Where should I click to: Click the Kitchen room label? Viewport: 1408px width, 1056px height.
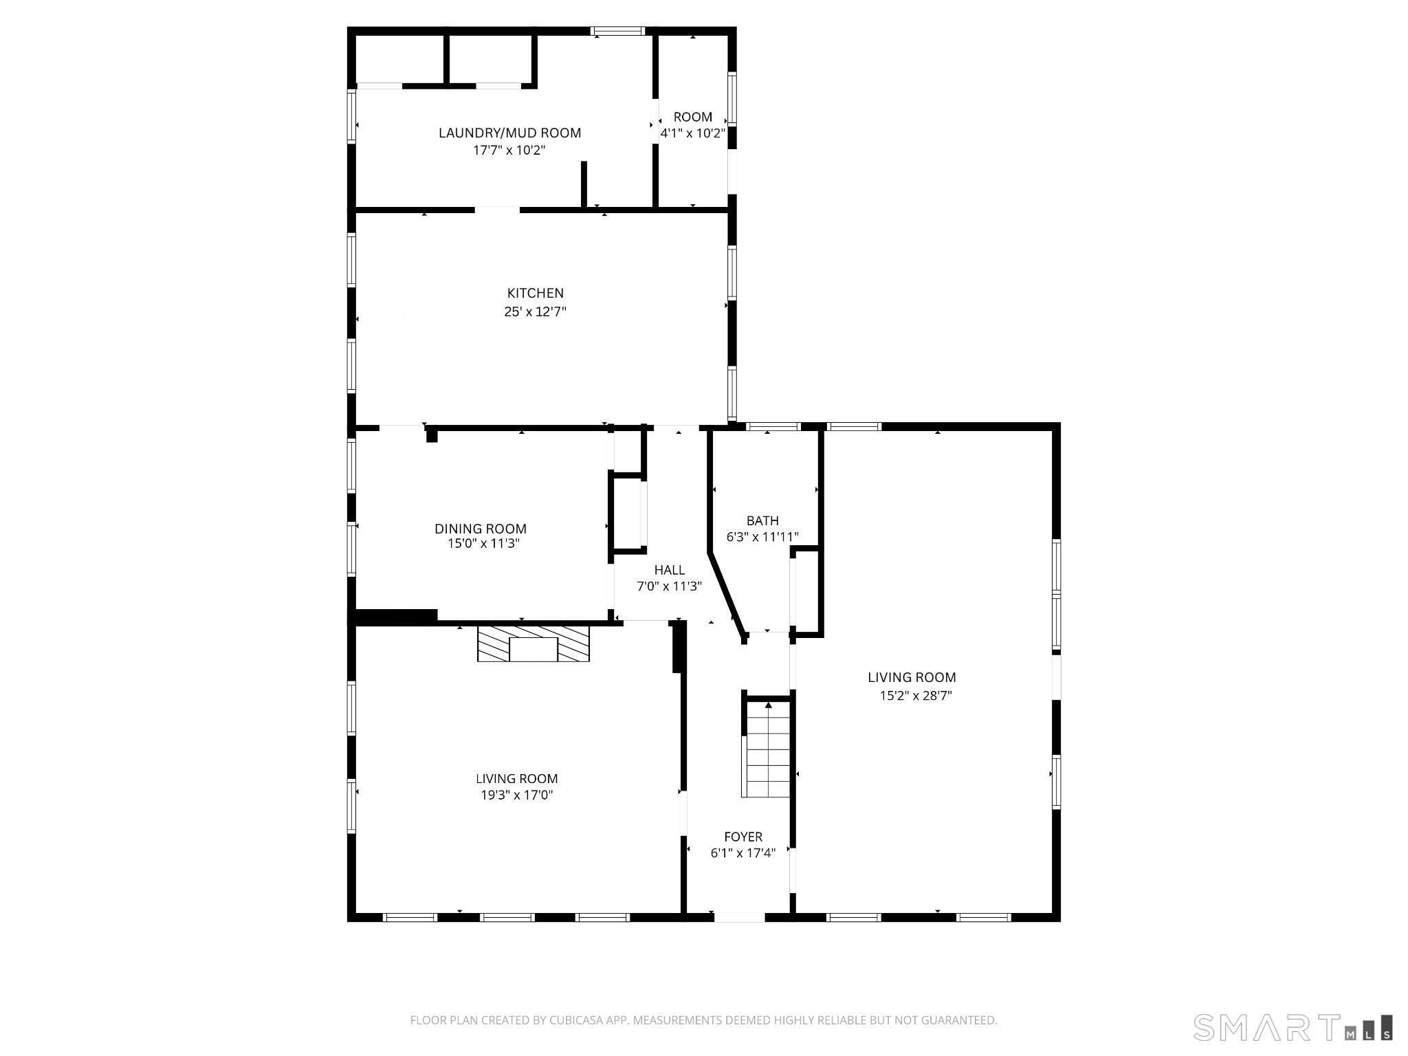pos(535,294)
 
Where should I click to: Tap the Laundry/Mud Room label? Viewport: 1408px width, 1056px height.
pos(509,133)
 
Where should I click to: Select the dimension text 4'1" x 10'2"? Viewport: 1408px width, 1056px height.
pos(692,133)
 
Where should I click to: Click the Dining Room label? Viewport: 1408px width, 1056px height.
pos(480,529)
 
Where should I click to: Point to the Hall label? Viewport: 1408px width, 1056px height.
pos(669,570)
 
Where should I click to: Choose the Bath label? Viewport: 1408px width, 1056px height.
pos(762,520)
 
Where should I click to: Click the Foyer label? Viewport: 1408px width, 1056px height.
pos(743,837)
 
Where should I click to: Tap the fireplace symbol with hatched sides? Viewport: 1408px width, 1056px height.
pos(533,643)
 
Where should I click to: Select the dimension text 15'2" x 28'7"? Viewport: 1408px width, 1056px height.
pos(916,695)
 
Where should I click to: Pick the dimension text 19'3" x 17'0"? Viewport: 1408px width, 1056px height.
pos(516,795)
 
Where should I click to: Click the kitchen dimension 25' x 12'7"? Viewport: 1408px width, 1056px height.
pos(535,311)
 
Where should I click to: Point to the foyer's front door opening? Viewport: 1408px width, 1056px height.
pos(740,916)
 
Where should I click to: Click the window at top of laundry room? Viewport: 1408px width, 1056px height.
pos(618,31)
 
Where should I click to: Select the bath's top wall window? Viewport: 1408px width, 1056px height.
pos(774,427)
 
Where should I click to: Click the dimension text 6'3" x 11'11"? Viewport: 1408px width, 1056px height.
pos(762,537)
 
